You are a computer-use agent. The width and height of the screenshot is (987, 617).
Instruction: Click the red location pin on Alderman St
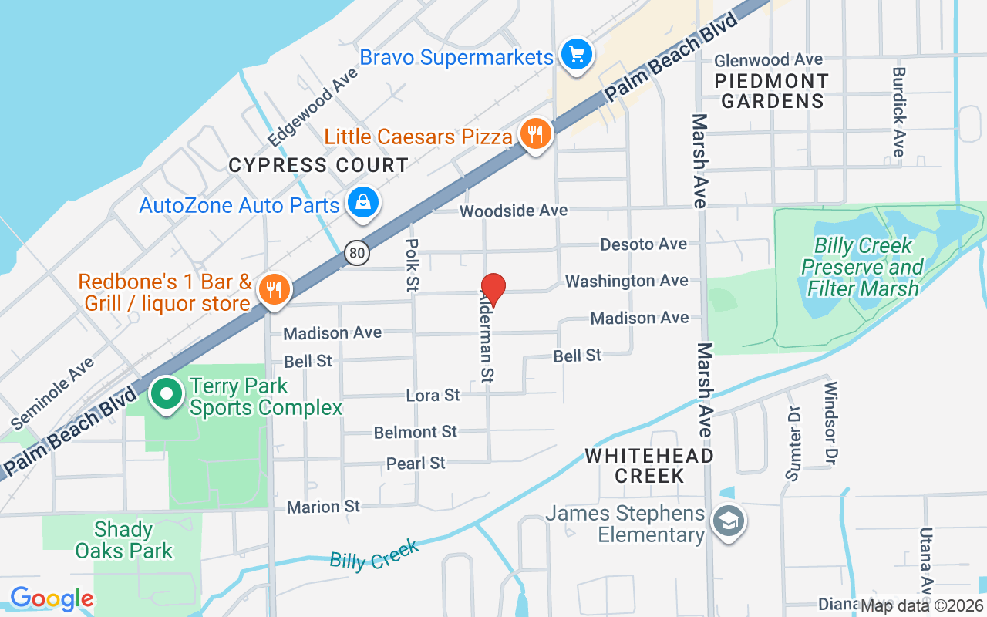[x=493, y=289]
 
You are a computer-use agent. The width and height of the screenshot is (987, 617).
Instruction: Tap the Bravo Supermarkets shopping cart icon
[x=576, y=55]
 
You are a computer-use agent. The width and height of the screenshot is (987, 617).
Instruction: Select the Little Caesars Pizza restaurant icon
[x=534, y=135]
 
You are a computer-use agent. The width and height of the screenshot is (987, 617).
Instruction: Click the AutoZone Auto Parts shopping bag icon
[x=361, y=203]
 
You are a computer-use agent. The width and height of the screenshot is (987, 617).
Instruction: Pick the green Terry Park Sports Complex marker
[x=165, y=394]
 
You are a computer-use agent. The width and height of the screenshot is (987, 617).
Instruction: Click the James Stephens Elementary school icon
[x=727, y=522]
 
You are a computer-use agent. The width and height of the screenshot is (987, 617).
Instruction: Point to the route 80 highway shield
[x=357, y=252]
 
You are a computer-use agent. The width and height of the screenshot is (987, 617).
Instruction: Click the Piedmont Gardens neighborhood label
[x=771, y=91]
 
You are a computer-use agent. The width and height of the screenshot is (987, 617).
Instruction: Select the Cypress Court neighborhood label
[x=318, y=166]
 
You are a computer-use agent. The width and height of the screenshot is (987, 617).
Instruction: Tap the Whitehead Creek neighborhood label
[x=649, y=466]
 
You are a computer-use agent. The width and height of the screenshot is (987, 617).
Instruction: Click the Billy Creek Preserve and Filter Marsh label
[x=862, y=268]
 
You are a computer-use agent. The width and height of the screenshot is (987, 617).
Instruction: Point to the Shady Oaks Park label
[x=123, y=540]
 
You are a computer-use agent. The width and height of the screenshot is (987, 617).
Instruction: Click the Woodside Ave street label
[x=514, y=211]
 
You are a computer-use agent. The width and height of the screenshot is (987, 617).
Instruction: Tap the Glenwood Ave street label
[x=769, y=60]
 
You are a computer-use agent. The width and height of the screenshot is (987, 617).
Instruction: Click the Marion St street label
[x=323, y=507]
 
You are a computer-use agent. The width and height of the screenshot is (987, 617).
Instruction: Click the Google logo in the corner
[x=52, y=598]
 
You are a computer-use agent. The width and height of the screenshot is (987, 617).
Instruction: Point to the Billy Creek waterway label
[x=374, y=555]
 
